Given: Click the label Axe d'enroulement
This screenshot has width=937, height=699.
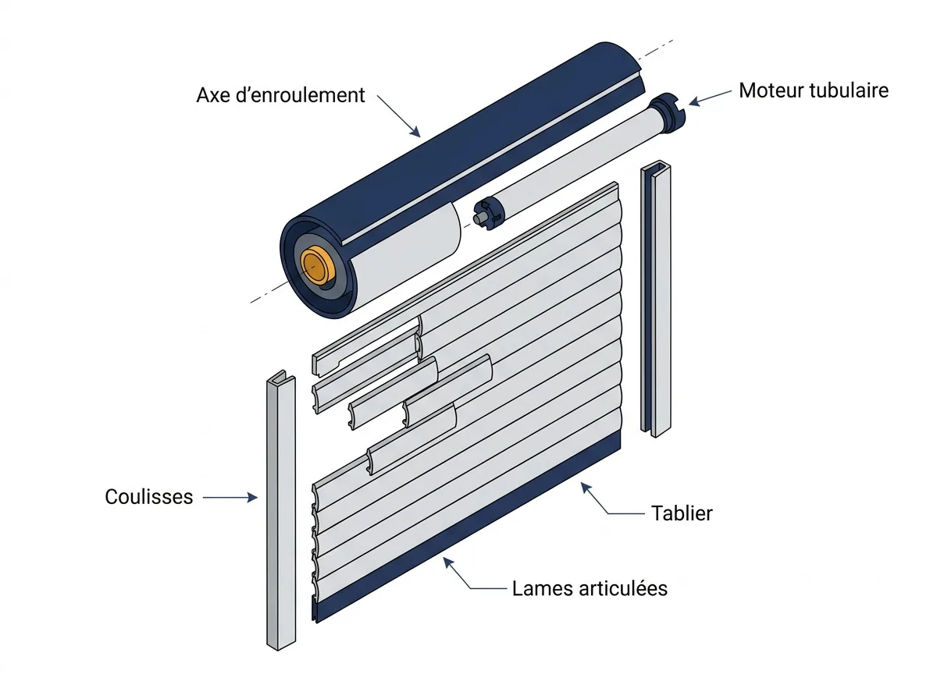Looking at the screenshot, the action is [x=280, y=95].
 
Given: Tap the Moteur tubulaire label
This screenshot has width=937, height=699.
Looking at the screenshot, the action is [x=813, y=90].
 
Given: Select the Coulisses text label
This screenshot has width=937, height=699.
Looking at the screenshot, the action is [x=149, y=497].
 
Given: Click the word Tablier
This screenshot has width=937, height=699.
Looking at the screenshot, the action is [x=682, y=513].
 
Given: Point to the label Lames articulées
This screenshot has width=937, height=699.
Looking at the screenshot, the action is [x=590, y=588].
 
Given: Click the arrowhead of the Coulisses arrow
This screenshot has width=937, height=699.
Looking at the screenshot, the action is [x=253, y=497].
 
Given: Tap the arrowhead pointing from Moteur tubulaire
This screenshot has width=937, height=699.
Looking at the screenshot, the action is [x=694, y=102].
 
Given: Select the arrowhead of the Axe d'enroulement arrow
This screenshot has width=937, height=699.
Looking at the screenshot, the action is [x=415, y=132].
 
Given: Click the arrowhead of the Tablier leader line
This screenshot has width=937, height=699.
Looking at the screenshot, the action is [x=586, y=488].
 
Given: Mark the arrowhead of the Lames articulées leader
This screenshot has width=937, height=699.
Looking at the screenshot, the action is [x=447, y=562].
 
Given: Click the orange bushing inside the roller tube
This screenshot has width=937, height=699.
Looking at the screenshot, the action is [x=317, y=266].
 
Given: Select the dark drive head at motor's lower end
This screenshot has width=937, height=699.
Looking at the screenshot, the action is [x=488, y=213].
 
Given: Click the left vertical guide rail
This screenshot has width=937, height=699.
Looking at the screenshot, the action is [x=281, y=512].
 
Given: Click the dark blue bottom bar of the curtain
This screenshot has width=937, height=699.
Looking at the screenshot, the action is [x=468, y=527].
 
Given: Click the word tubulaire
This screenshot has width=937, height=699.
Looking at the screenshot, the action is [x=849, y=90].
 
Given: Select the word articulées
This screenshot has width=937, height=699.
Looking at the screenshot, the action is [x=623, y=588].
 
